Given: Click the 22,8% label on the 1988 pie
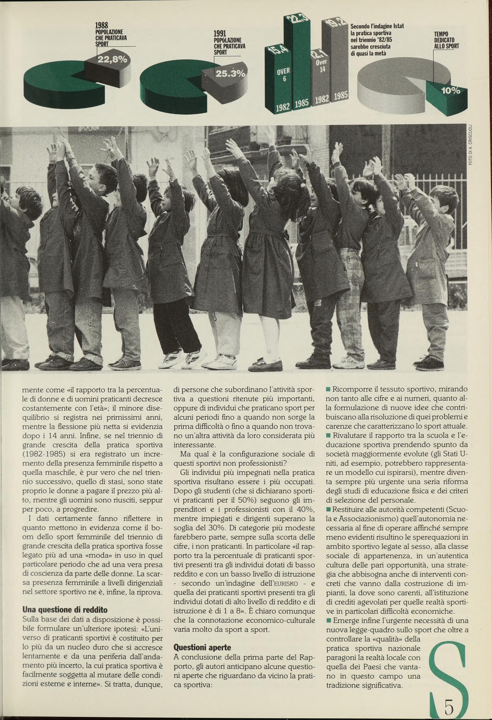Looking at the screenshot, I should [112, 59].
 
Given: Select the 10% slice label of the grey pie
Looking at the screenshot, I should [451, 91].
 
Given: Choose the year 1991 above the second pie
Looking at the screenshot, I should [220, 34].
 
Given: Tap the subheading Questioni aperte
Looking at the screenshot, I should [202, 647].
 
